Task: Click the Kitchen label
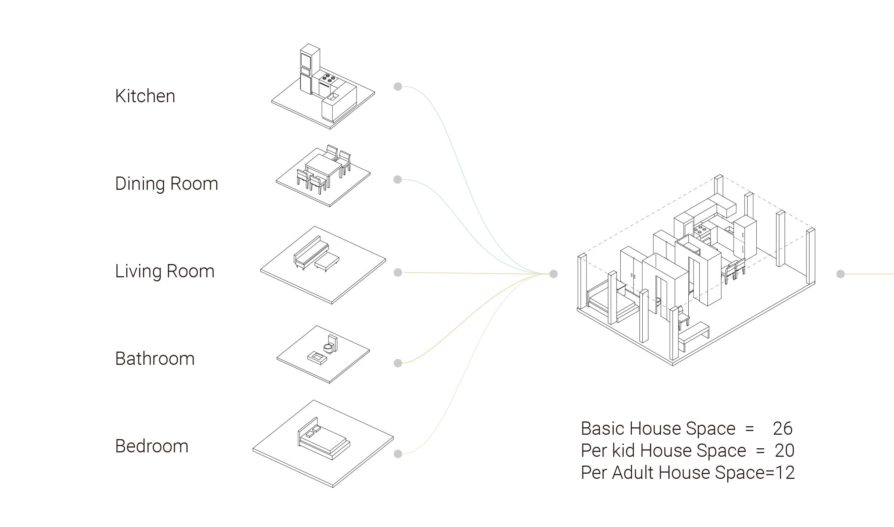(x=145, y=96)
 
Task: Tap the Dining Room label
(x=166, y=184)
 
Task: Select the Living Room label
(x=164, y=271)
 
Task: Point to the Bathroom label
(x=155, y=359)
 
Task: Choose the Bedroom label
(x=152, y=446)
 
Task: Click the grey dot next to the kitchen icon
(x=398, y=86)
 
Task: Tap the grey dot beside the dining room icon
(x=397, y=179)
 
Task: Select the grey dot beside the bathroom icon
(x=398, y=363)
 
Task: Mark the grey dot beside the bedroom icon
(x=398, y=454)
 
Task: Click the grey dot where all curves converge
(x=553, y=274)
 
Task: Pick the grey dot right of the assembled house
(x=840, y=274)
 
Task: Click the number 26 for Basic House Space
(x=782, y=428)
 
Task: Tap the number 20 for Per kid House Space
(x=784, y=451)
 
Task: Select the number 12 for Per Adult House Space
(x=785, y=473)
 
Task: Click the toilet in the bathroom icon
(x=329, y=346)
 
